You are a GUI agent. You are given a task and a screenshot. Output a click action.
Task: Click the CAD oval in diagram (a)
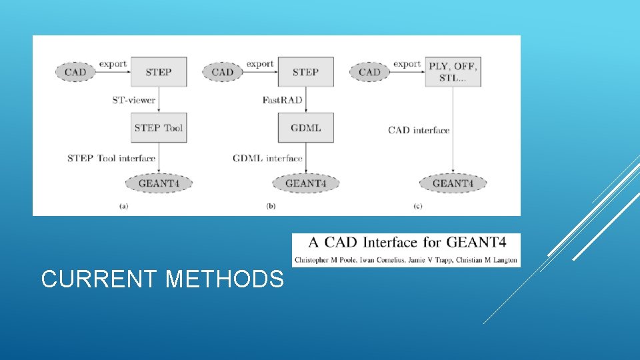pos(75,72)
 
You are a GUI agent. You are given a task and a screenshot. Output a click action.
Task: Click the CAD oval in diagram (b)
pos(223,72)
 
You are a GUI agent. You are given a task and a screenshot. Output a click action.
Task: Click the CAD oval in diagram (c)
pos(369,72)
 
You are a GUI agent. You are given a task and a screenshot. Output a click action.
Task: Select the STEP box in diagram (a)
pos(158,71)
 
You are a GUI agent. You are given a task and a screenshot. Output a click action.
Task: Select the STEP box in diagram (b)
pos(305,71)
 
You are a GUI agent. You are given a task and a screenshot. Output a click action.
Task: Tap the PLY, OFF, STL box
pos(453,71)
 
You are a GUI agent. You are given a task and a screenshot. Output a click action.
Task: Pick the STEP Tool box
pos(158,127)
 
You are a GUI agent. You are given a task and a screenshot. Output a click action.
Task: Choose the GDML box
pos(305,127)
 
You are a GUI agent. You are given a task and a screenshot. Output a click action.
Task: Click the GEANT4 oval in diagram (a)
pos(159,183)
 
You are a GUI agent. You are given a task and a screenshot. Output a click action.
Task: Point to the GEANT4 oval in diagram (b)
pos(305,183)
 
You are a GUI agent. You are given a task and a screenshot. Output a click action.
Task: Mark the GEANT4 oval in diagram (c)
pos(453,183)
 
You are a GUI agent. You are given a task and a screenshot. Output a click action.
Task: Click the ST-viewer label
pos(133,100)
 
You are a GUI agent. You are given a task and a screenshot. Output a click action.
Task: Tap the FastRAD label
pos(283,100)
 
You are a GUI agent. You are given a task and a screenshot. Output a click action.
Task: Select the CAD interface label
pos(419,131)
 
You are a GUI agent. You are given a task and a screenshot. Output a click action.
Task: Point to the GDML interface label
pos(267,159)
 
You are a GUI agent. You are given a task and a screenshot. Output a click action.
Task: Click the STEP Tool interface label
pos(111,159)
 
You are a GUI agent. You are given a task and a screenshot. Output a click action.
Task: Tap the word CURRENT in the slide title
pos(100,279)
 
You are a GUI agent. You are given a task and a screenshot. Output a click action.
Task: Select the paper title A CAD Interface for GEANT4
pos(405,243)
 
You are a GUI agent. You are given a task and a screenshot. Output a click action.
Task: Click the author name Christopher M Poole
pos(325,260)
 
